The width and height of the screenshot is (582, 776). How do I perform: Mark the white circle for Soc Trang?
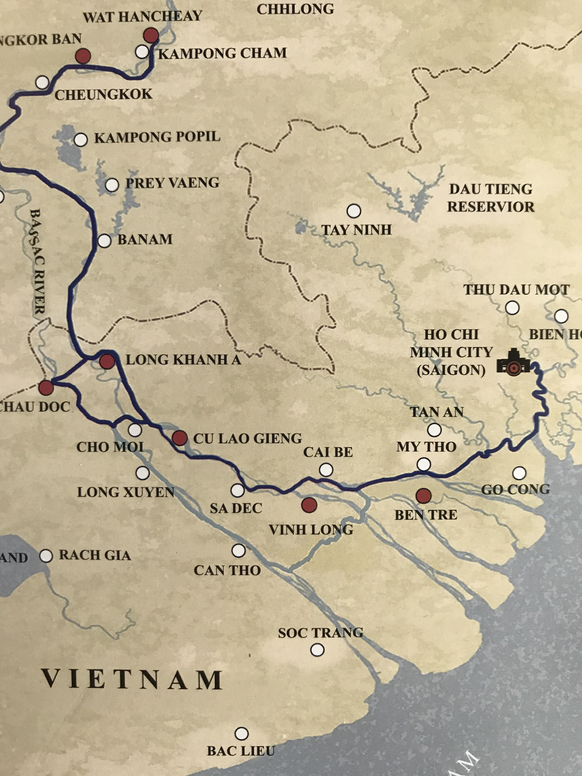318,650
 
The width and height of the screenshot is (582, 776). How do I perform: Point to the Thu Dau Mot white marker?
512,308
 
